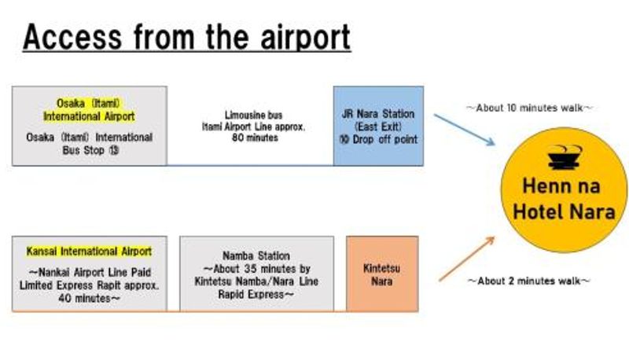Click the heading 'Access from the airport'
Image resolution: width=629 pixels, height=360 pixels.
(186, 37)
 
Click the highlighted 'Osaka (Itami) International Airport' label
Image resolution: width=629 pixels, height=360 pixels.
(90, 110)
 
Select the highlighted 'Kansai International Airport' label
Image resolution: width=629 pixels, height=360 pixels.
(89, 252)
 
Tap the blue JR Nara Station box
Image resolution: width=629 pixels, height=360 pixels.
(378, 126)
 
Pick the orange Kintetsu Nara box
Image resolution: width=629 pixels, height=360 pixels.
(381, 274)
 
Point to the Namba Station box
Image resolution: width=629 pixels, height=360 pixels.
(256, 274)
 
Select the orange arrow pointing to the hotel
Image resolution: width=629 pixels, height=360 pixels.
(466, 259)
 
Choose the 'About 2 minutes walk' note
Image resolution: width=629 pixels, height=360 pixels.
(529, 280)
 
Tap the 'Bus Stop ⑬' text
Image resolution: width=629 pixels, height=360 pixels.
(90, 149)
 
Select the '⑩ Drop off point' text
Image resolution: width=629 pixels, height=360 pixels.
(378, 140)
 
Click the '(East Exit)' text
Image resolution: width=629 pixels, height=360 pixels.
(378, 127)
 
